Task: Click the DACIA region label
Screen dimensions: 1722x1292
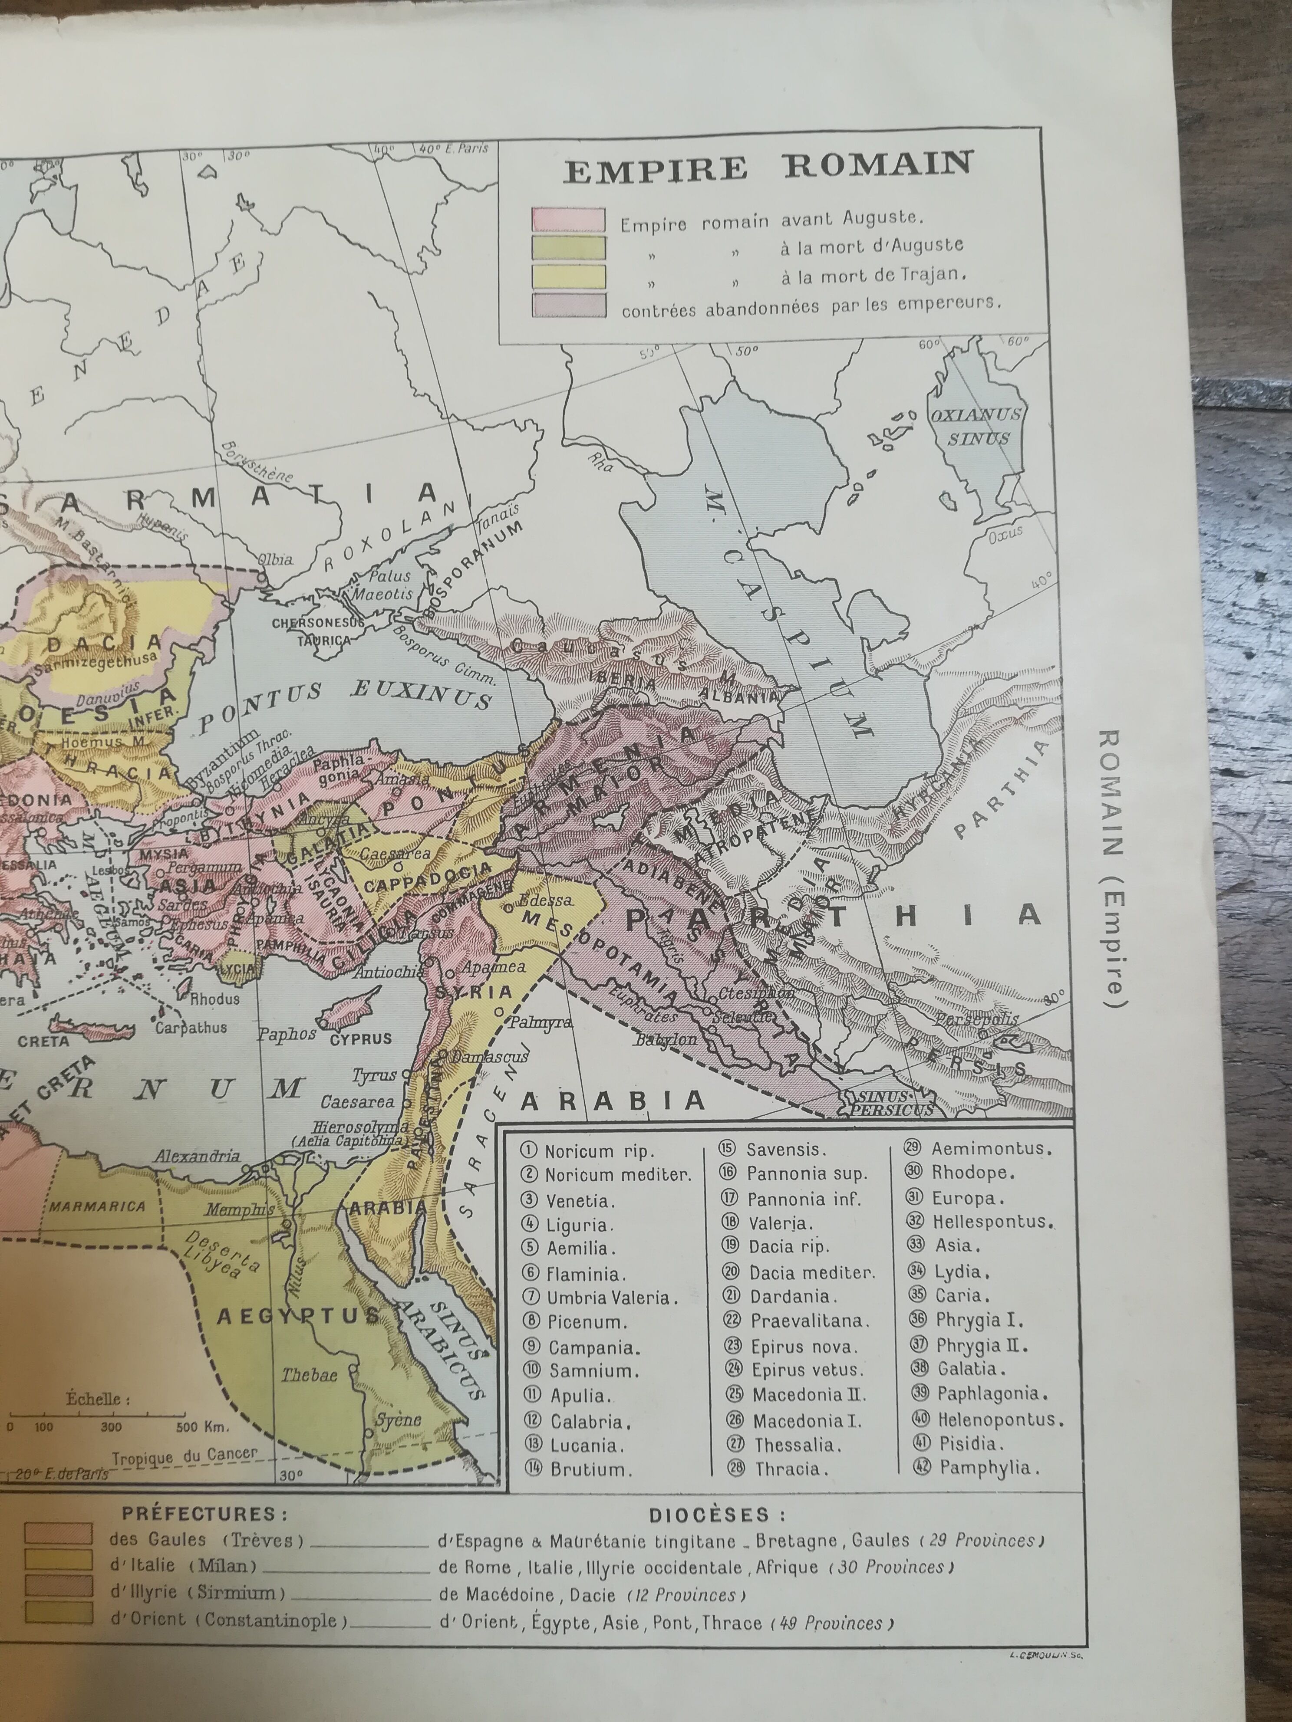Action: point(104,644)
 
